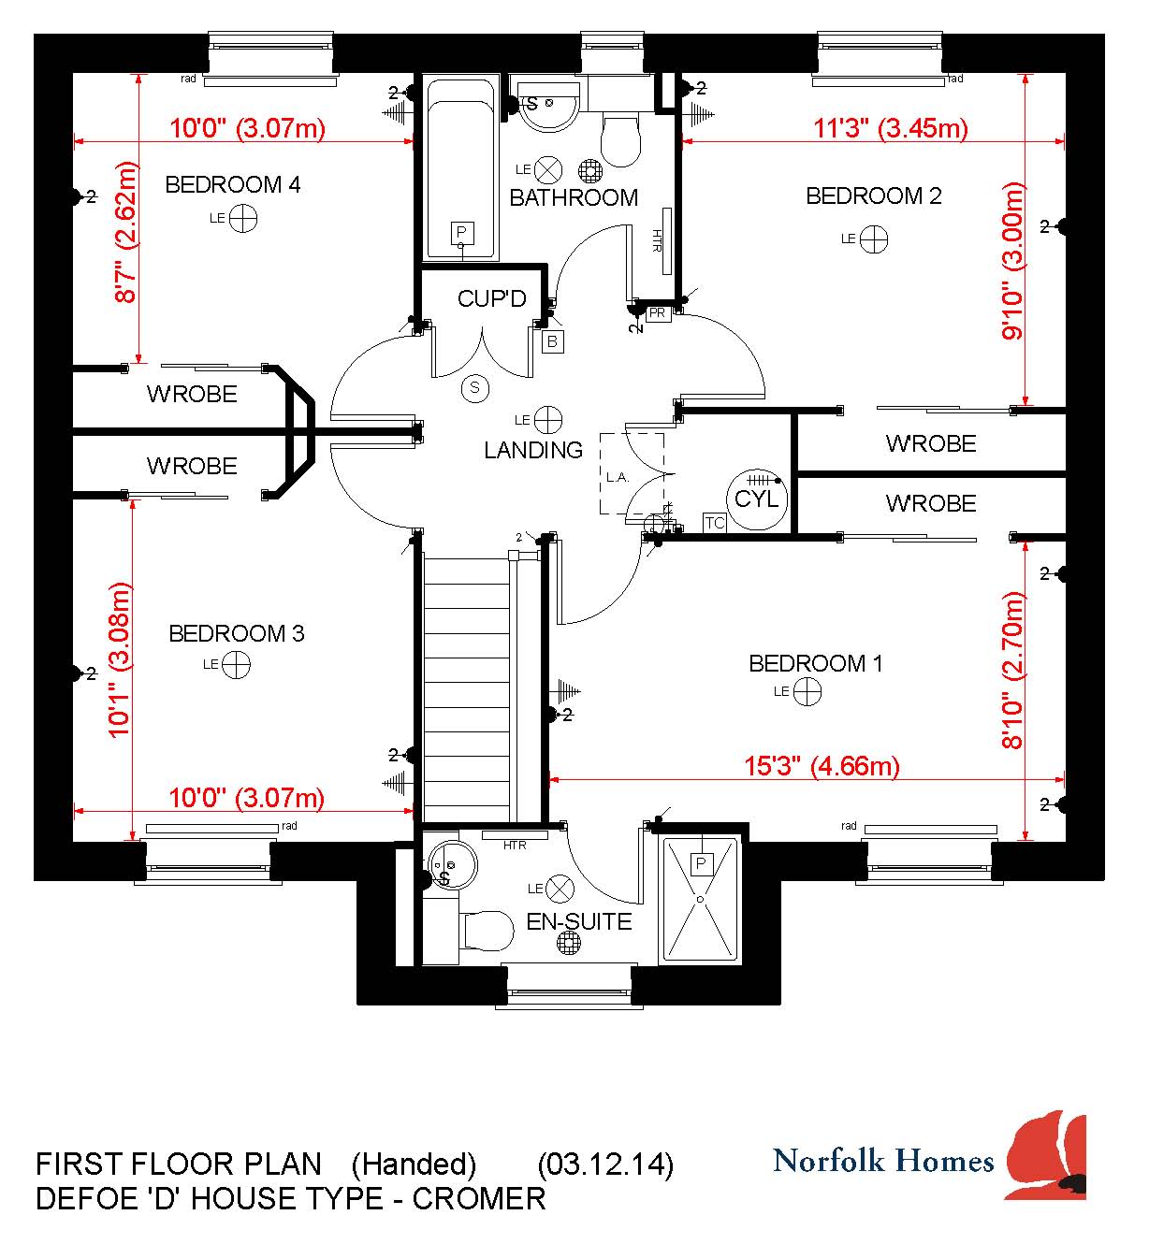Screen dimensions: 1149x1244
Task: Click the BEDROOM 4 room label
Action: (x=233, y=185)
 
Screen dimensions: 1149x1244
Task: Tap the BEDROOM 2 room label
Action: (x=873, y=196)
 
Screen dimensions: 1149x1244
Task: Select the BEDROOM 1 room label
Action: (x=816, y=663)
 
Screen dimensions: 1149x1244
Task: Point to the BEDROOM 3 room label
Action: (x=237, y=633)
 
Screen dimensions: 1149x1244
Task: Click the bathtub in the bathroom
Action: (x=460, y=169)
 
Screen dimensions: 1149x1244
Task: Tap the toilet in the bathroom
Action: (x=620, y=139)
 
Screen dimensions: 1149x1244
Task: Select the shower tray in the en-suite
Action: (x=700, y=900)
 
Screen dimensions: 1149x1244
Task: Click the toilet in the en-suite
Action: (x=486, y=930)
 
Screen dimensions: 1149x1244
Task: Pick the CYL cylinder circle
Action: (x=757, y=499)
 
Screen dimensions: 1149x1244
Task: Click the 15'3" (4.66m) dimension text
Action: (x=822, y=766)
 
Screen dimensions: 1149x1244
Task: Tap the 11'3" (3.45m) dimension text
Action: (x=891, y=128)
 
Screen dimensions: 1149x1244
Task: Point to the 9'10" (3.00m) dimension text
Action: (x=1011, y=261)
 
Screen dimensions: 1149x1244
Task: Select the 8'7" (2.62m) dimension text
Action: (x=125, y=232)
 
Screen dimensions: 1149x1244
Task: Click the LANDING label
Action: (x=533, y=450)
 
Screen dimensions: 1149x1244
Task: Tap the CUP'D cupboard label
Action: (x=492, y=298)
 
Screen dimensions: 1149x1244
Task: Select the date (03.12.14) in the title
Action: (x=605, y=1164)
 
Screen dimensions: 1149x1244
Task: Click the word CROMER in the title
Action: (x=479, y=1199)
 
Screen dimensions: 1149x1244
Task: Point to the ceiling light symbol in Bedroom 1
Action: (x=807, y=692)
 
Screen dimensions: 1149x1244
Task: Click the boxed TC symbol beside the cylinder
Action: (x=715, y=523)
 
